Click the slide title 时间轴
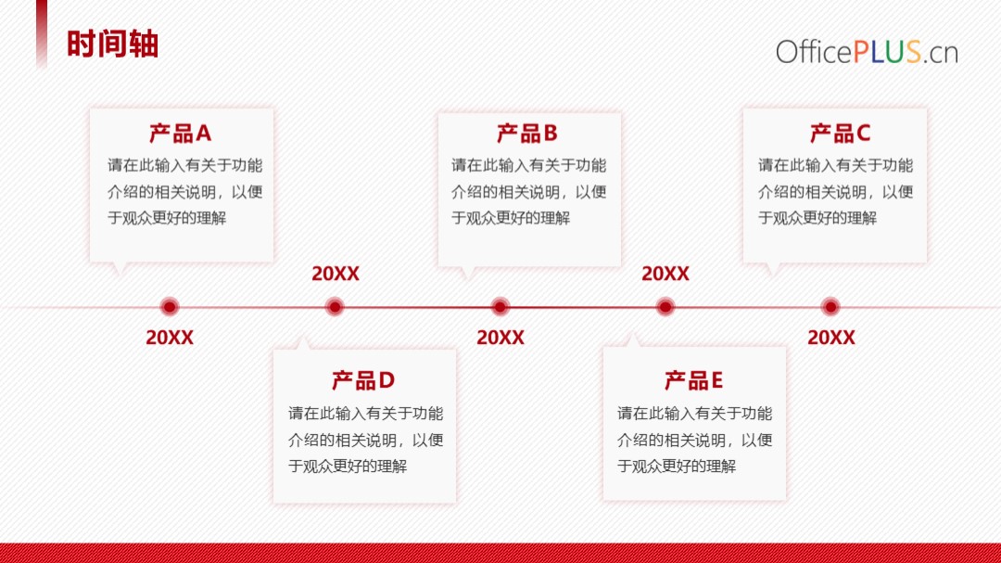click(112, 45)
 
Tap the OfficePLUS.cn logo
click(867, 51)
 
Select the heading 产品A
click(180, 133)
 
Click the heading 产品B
click(527, 133)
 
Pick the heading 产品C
click(840, 133)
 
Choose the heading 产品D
click(363, 380)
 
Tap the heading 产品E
click(693, 380)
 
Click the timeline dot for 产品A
click(170, 307)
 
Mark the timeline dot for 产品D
click(335, 307)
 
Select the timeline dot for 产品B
click(500, 307)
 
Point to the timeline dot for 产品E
click(665, 307)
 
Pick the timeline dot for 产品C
click(830, 307)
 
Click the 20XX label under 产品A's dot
click(170, 338)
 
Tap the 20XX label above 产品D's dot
click(336, 274)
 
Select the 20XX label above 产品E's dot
click(665, 274)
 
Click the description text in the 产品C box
click(836, 192)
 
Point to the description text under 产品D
click(366, 440)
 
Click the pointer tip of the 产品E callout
click(632, 333)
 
